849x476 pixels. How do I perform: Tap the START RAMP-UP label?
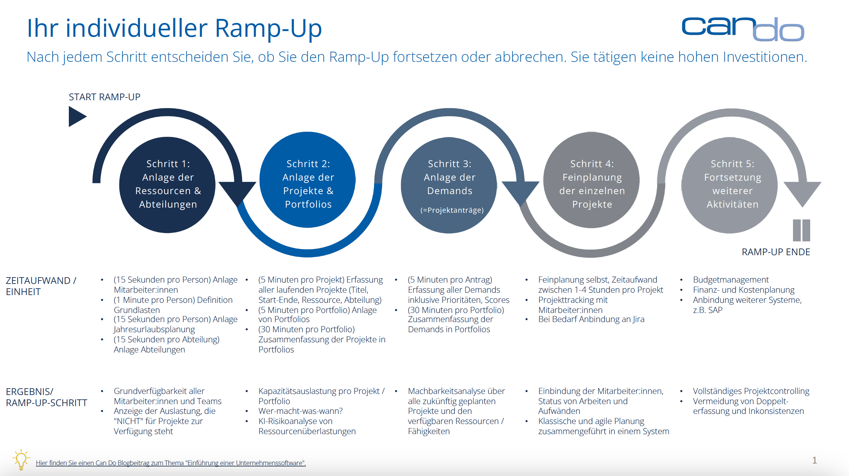(x=105, y=97)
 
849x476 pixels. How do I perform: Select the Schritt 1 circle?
(x=167, y=185)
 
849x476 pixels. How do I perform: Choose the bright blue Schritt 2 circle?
(x=307, y=180)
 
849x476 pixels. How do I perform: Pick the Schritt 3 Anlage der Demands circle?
(x=449, y=185)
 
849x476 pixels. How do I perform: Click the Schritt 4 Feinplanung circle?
(x=592, y=180)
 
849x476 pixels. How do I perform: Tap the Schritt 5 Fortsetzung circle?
(x=730, y=185)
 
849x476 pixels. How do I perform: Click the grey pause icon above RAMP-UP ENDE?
(x=801, y=230)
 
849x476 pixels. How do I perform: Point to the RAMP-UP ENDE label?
(x=776, y=252)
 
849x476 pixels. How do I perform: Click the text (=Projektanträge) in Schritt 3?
(x=452, y=210)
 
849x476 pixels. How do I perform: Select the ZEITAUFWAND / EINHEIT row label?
(x=41, y=286)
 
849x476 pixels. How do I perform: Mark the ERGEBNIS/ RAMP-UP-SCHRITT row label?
(x=47, y=397)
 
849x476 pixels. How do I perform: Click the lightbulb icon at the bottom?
(x=21, y=459)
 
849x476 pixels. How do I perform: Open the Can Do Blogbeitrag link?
(x=171, y=463)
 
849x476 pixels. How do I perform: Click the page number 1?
(x=814, y=460)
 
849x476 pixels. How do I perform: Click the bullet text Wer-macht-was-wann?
(x=301, y=411)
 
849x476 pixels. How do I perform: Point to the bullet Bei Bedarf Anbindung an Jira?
(x=591, y=319)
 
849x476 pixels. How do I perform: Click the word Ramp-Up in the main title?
(x=268, y=28)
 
